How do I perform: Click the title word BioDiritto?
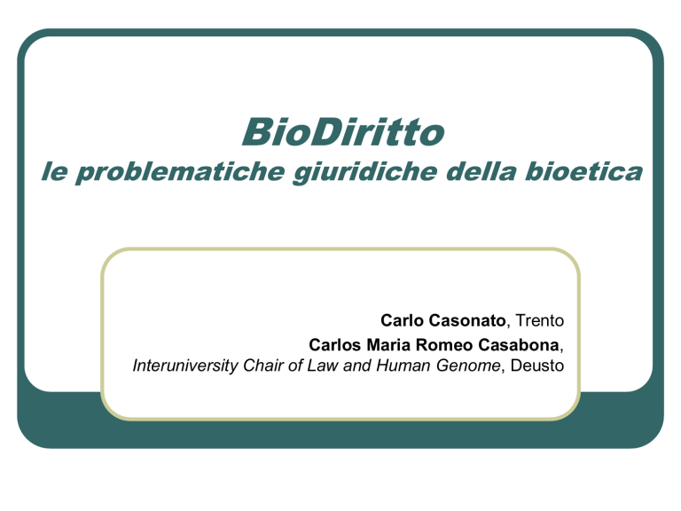[x=343, y=131]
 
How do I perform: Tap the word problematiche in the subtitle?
[x=180, y=172]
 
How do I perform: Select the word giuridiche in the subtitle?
[x=364, y=172]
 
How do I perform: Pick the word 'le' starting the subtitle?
[x=54, y=171]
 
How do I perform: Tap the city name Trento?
[x=540, y=320]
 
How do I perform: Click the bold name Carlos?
[x=335, y=345]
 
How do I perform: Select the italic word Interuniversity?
[x=185, y=366]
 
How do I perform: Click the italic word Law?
[x=322, y=366]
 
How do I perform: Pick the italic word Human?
[x=403, y=366]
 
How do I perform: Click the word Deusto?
[x=537, y=366]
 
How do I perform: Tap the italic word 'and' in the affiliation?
[x=357, y=366]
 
